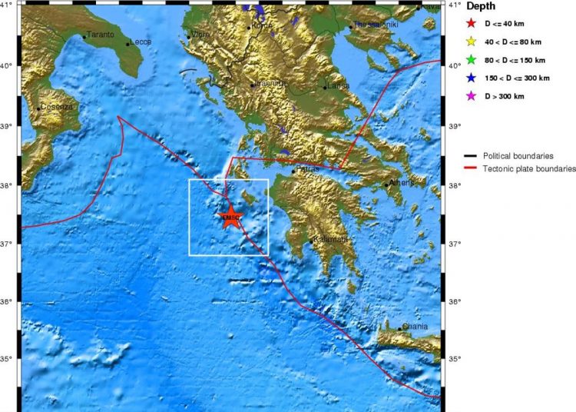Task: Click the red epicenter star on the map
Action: point(231,217)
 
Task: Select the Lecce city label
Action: point(141,42)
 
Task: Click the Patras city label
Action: point(306,169)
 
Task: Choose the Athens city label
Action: point(401,183)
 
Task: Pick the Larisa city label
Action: point(337,86)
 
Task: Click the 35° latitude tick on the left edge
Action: point(11,358)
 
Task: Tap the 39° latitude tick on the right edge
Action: point(453,125)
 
